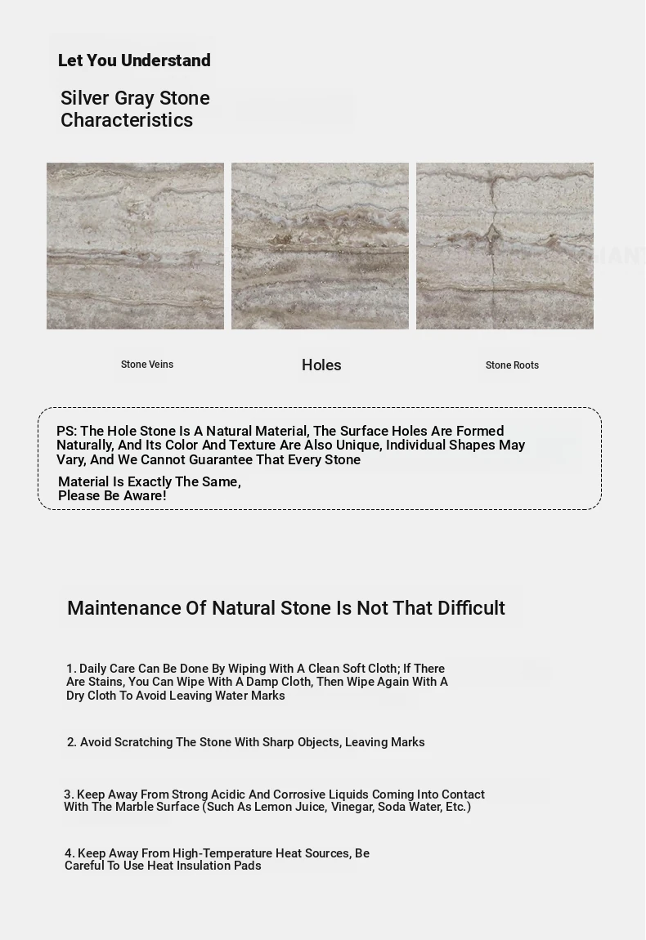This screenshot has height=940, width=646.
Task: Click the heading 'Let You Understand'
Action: point(134,60)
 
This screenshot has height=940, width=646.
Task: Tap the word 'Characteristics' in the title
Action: point(127,120)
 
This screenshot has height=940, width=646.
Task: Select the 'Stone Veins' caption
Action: point(147,365)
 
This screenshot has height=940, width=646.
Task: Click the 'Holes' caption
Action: point(321,365)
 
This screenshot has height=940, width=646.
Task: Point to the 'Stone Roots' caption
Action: point(512,365)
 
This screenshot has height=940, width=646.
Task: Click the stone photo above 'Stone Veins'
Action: point(135,246)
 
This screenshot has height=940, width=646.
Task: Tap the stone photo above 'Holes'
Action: point(320,246)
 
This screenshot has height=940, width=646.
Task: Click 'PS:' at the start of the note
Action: point(66,432)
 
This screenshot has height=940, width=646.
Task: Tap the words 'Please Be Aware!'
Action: point(112,496)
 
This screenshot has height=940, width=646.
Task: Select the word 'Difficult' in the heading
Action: point(471,608)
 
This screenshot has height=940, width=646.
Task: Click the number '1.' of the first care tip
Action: point(71,669)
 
